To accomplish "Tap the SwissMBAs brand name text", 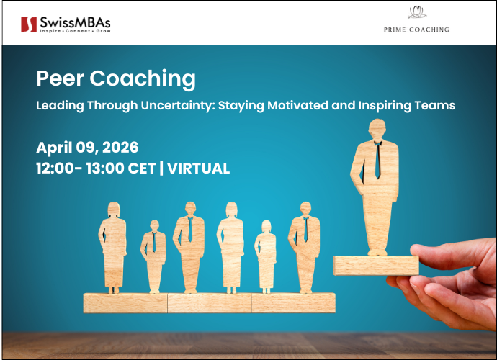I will (x=75, y=22).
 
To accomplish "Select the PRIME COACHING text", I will (x=416, y=30).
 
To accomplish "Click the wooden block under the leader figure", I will (x=375, y=265).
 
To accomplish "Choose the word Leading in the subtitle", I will (x=61, y=105).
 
